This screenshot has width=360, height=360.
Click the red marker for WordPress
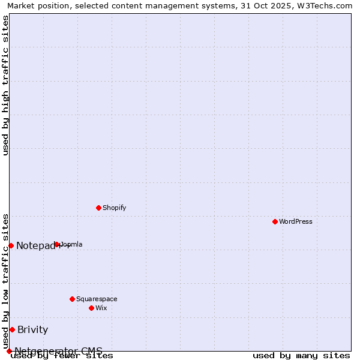[275, 221]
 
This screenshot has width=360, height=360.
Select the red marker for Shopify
[99, 208]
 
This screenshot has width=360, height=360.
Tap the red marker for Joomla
[57, 244]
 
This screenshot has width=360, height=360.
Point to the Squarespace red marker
[73, 299]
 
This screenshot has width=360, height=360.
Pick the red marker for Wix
[92, 308]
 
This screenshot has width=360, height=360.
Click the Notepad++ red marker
[11, 245]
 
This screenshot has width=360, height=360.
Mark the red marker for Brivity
[12, 329]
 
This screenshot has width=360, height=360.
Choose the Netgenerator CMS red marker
[9, 351]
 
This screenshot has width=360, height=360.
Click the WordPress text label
[296, 221]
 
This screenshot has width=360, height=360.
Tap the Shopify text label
[114, 208]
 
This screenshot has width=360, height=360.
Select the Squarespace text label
[97, 299]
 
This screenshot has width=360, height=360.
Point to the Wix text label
[101, 308]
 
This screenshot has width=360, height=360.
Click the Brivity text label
[33, 329]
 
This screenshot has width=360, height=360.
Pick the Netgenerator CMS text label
[58, 351]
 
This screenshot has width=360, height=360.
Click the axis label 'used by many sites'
[301, 356]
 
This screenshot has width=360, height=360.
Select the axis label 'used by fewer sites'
[62, 356]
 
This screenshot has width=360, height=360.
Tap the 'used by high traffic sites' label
[6, 85]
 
